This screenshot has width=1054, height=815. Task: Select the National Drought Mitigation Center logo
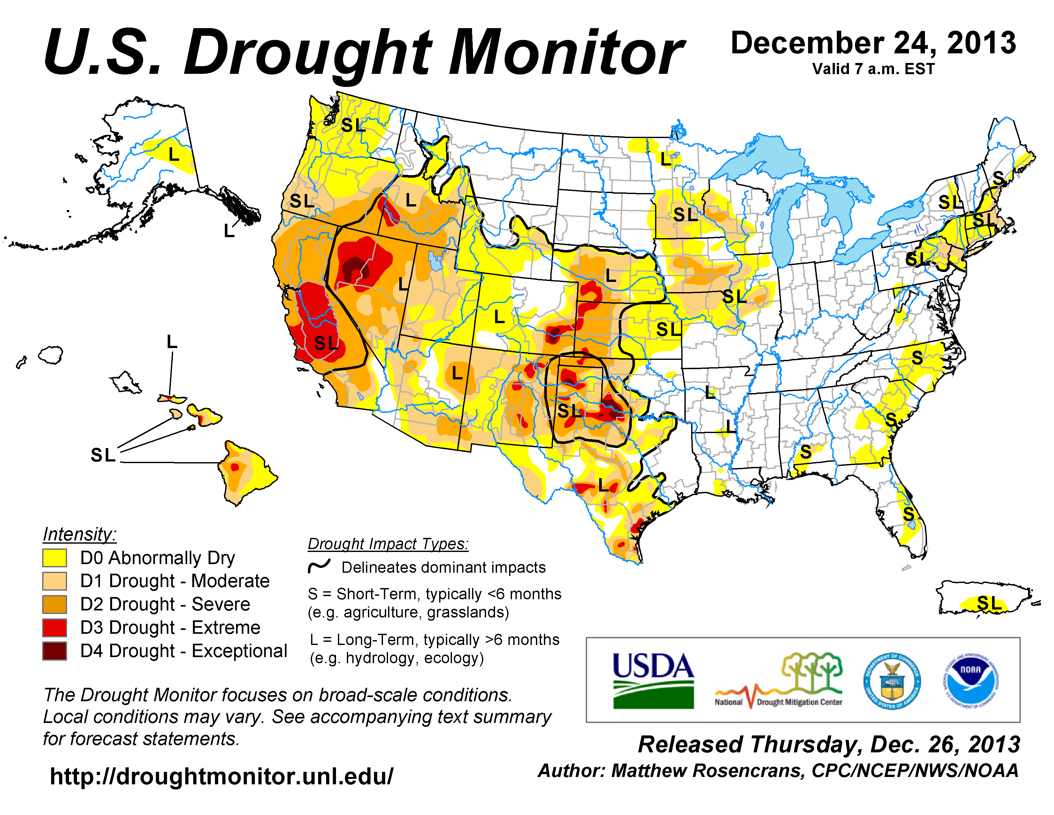click(x=778, y=680)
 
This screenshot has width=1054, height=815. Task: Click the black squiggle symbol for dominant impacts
click(x=319, y=566)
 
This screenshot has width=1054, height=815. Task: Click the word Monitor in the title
click(x=566, y=53)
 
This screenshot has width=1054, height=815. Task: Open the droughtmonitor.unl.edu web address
click(x=222, y=776)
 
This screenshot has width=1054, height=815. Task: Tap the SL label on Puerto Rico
click(x=989, y=603)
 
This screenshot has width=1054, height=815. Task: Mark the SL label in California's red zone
click(x=326, y=343)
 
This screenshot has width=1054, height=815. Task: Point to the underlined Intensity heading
click(x=80, y=534)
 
